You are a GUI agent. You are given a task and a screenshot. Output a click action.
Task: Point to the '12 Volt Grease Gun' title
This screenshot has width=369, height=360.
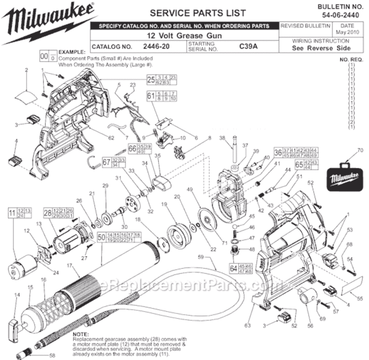coord(185,36)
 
